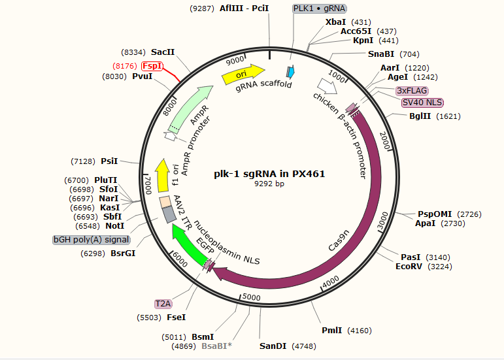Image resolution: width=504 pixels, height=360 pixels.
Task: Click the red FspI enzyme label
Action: pos(152,65)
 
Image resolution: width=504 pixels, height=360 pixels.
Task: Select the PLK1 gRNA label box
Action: pos(320,8)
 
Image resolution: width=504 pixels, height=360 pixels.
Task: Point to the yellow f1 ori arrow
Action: pos(162,175)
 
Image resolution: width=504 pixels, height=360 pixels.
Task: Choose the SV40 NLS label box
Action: pos(422,103)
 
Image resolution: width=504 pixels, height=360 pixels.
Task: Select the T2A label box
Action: pos(163,303)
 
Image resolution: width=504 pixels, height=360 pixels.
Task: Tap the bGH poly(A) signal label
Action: pos(92,240)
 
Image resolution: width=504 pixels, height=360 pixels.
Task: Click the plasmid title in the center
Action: pos(269,174)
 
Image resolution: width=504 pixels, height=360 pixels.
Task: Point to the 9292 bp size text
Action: pos(269,184)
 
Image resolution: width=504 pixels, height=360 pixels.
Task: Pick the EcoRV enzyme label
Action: pos(409,267)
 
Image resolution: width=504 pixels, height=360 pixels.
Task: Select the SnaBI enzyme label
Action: pos(381,54)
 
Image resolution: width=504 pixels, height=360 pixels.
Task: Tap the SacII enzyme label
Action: pos(163,52)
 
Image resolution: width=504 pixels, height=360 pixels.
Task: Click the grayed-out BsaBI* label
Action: pos(216,346)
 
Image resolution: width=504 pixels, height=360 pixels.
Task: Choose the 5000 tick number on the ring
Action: pos(251,297)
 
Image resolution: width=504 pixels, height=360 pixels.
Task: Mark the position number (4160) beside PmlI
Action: pos(359,331)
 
